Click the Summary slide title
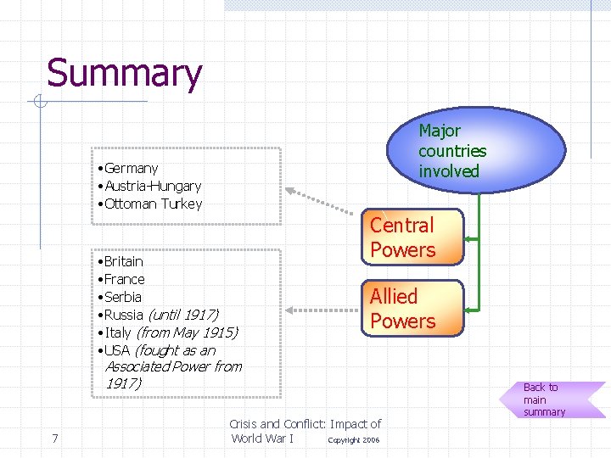124,74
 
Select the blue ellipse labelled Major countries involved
475,150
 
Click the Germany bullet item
131,169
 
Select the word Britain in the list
124,262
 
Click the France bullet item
124,280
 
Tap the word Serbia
123,298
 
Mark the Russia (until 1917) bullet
161,316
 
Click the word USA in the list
117,351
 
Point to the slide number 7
54,438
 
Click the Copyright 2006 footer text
354,440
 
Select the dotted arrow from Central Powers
327,199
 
